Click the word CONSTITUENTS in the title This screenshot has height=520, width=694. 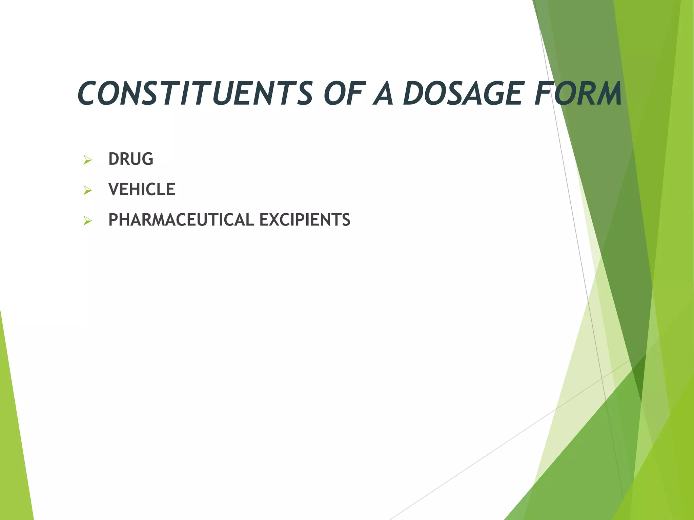click(x=195, y=93)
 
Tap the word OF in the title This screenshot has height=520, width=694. click(x=343, y=93)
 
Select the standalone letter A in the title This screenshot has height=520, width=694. click(x=383, y=93)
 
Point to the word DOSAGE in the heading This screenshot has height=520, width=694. click(x=462, y=93)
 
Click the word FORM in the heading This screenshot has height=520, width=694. click(x=578, y=93)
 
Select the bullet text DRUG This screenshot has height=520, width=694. click(x=131, y=159)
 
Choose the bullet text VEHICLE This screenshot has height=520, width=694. click(x=142, y=190)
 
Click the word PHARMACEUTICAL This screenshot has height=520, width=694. click(x=181, y=220)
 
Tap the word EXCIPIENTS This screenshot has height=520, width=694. click(x=305, y=220)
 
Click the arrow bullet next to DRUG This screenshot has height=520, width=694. click(x=87, y=160)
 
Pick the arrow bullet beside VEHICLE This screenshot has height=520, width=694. click(x=87, y=191)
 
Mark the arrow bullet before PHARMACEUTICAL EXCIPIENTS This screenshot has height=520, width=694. click(x=87, y=221)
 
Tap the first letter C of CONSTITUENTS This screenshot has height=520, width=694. click(x=89, y=93)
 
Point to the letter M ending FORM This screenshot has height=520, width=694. click(x=607, y=93)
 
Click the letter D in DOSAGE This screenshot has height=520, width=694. click(x=415, y=93)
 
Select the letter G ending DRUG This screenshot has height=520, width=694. click(x=147, y=159)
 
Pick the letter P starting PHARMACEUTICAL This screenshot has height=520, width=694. click(x=113, y=220)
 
